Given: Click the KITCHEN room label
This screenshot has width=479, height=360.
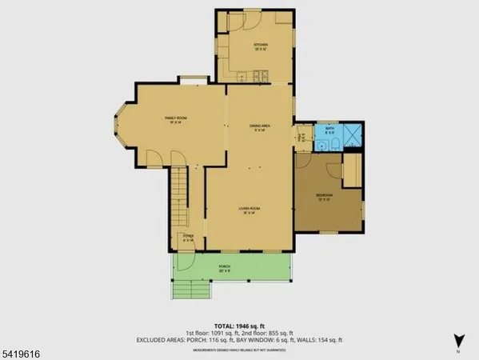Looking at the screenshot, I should (261, 45).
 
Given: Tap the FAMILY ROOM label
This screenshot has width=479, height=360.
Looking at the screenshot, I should (175, 118).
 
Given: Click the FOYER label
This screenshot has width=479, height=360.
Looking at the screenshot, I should (188, 236).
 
